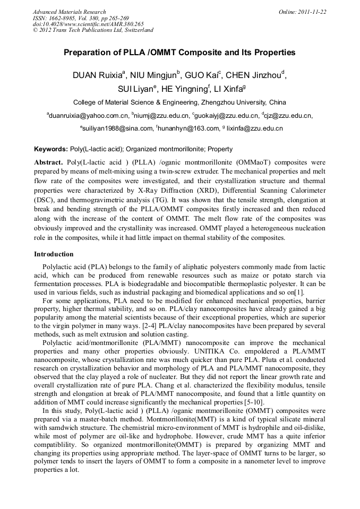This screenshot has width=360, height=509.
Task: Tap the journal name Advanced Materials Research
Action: click(x=69, y=11)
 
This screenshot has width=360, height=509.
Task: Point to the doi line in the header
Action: click(x=88, y=24)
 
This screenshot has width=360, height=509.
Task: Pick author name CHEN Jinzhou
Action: click(x=257, y=75)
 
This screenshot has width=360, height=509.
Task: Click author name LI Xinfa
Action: click(x=229, y=89)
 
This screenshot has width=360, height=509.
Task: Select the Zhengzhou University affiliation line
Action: click(x=179, y=102)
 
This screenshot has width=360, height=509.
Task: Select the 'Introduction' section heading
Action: click(x=54, y=254)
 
